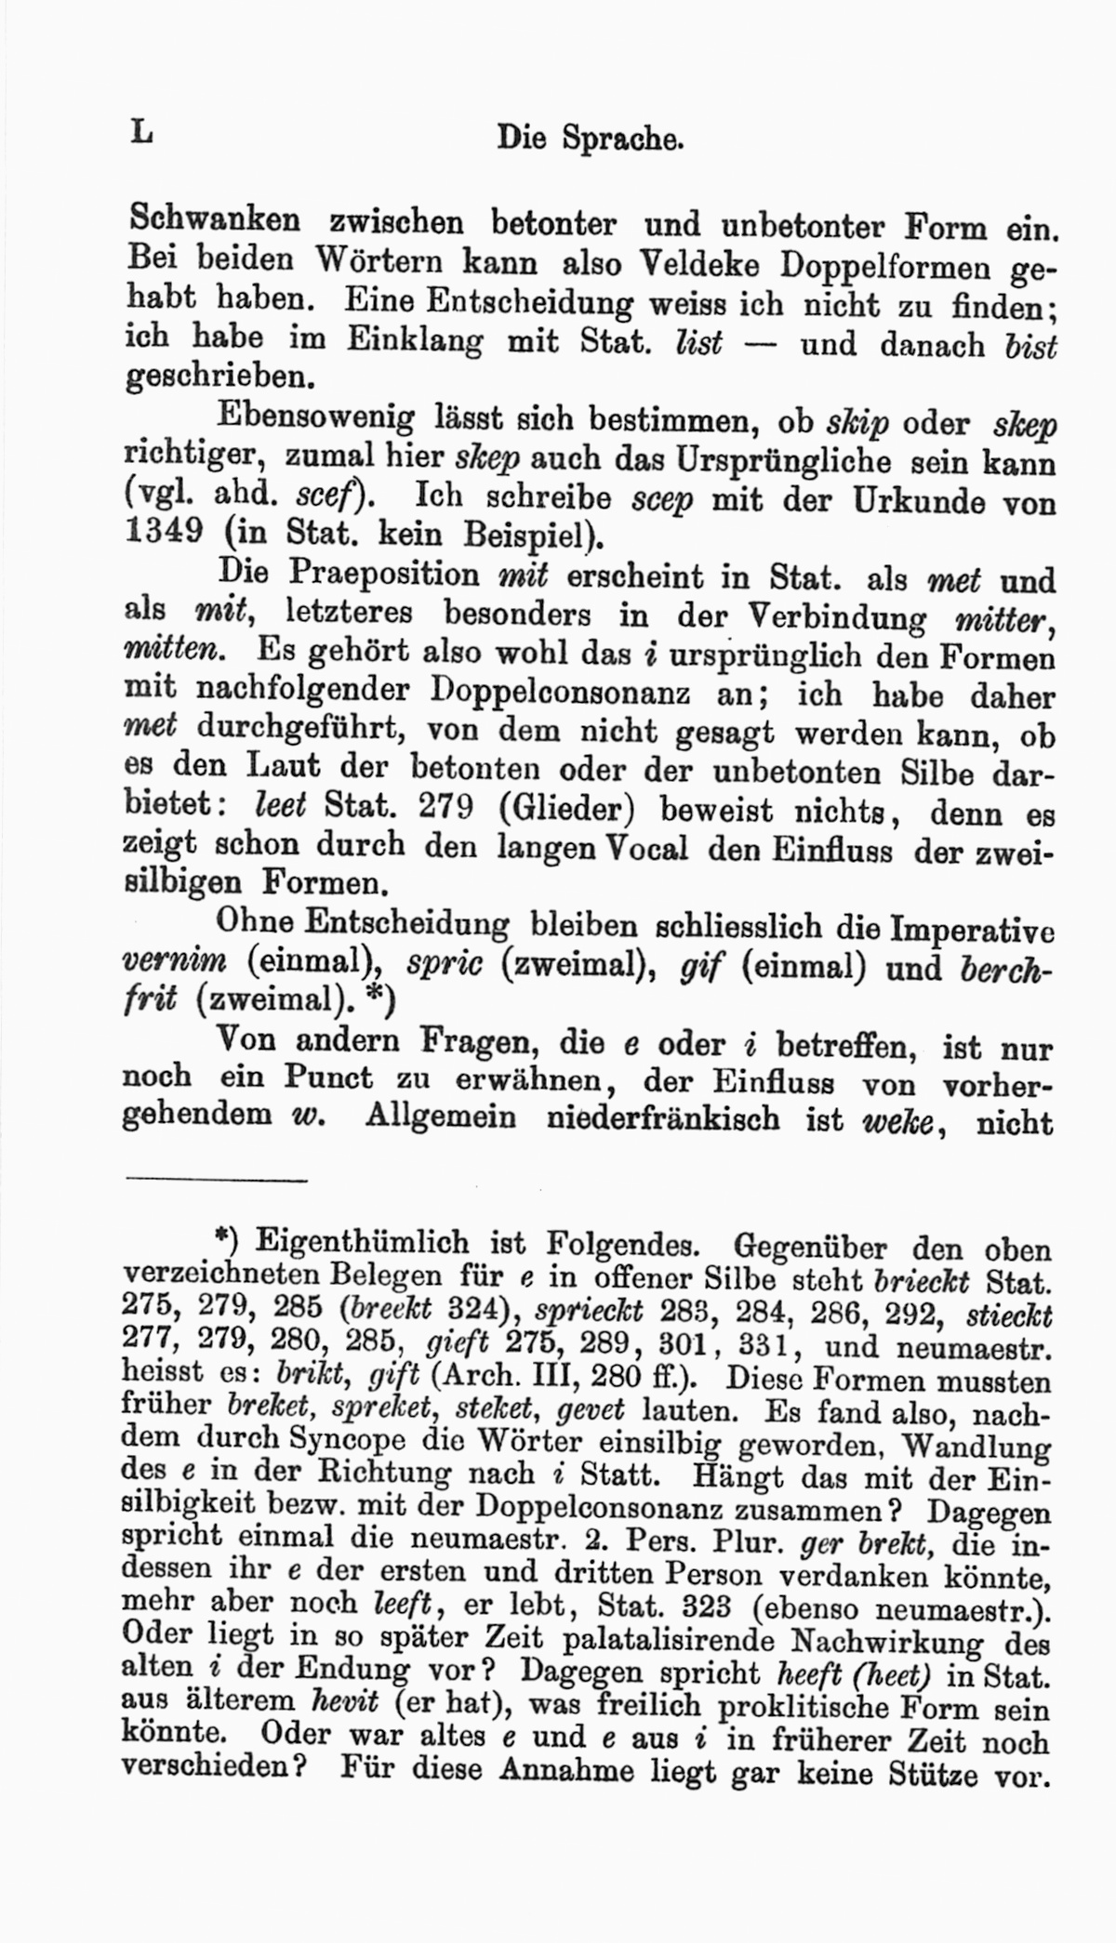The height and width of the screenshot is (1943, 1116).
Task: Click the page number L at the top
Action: [x=141, y=133]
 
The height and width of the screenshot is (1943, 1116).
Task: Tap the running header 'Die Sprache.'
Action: [x=591, y=139]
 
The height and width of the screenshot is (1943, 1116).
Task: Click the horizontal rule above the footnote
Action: [x=215, y=1181]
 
